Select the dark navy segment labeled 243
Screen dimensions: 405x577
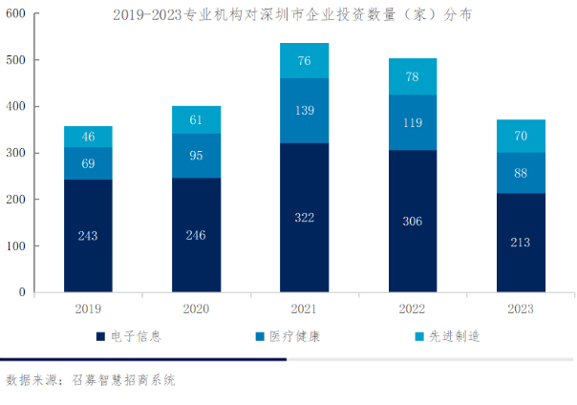click(x=88, y=235)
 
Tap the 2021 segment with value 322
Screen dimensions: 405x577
click(x=304, y=218)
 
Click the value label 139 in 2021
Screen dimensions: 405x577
click(x=304, y=111)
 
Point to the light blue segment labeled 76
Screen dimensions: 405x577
click(x=304, y=60)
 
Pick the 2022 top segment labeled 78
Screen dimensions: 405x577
click(x=413, y=76)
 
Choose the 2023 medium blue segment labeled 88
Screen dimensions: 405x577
click(x=521, y=173)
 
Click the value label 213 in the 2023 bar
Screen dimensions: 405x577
click(x=521, y=243)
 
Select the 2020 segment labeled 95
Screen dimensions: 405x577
click(x=196, y=156)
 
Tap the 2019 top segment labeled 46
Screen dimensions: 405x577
click(x=88, y=137)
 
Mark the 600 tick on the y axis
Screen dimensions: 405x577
click(x=16, y=13)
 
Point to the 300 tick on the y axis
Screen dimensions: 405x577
click(x=16, y=153)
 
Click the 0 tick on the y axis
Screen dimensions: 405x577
click(x=22, y=292)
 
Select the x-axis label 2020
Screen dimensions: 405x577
click(x=196, y=309)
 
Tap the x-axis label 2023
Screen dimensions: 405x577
click(x=521, y=309)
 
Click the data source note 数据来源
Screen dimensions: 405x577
click(x=91, y=380)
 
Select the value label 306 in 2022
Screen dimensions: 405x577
click(x=413, y=220)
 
